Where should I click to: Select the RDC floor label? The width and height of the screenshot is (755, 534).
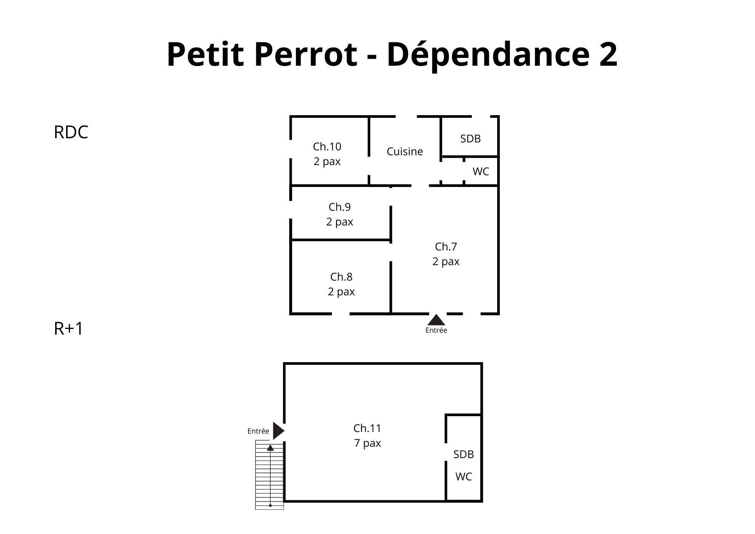[71, 132]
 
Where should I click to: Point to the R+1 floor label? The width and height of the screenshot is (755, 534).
[68, 329]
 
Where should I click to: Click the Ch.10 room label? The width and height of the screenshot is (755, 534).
[327, 146]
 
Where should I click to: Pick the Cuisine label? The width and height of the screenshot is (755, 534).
[405, 151]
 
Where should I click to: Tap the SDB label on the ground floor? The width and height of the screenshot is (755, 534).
[470, 139]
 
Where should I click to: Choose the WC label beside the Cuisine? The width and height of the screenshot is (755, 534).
[481, 171]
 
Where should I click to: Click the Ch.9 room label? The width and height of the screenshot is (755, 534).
[340, 207]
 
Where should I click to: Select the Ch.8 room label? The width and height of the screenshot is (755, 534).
[341, 277]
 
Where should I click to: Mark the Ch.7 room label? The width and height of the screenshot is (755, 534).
[446, 247]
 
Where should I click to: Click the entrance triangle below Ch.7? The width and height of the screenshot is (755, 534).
[436, 319]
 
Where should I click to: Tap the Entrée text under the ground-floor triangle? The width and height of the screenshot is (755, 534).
[436, 330]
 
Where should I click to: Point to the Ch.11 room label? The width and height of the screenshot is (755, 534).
[367, 428]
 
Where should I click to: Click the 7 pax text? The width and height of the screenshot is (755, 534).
[367, 443]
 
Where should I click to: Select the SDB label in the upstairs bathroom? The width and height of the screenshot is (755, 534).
[464, 454]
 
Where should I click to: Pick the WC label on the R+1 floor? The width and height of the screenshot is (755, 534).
[464, 477]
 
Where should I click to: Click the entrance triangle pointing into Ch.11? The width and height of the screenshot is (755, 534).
[279, 431]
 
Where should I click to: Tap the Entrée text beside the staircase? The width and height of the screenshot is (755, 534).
[258, 431]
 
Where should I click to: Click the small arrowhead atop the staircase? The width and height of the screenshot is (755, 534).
[270, 448]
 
